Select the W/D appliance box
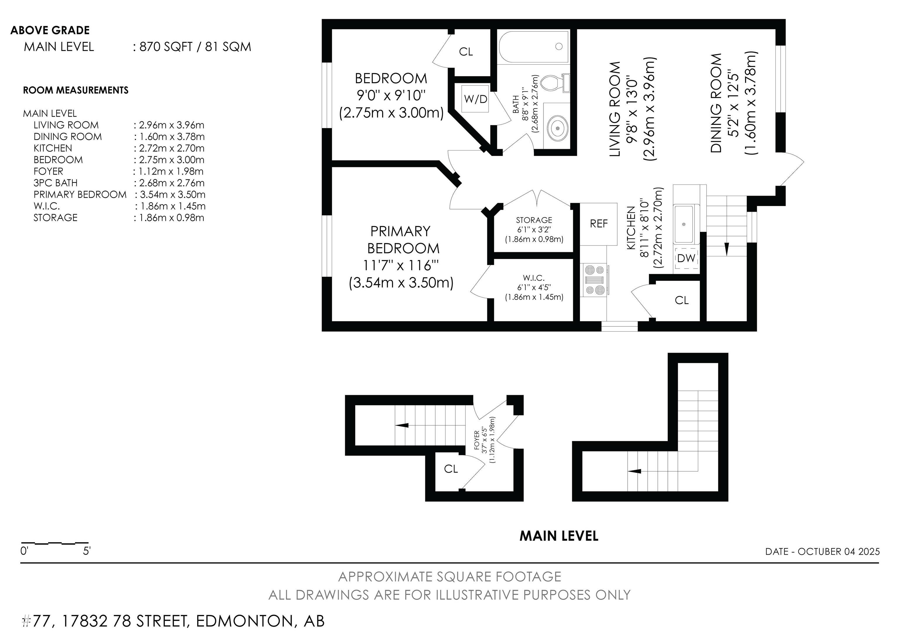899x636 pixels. [x=475, y=99]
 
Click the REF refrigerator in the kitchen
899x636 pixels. [x=598, y=224]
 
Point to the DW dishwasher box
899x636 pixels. [x=686, y=258]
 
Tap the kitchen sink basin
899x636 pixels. [x=684, y=224]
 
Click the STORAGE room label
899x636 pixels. [x=534, y=220]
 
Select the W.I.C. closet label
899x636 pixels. [x=534, y=278]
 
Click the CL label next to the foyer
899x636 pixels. [x=451, y=469]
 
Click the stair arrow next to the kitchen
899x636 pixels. [x=726, y=248]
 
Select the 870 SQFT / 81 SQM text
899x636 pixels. [x=195, y=47]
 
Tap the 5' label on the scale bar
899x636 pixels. [x=87, y=551]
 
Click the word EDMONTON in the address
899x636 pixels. [x=244, y=621]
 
